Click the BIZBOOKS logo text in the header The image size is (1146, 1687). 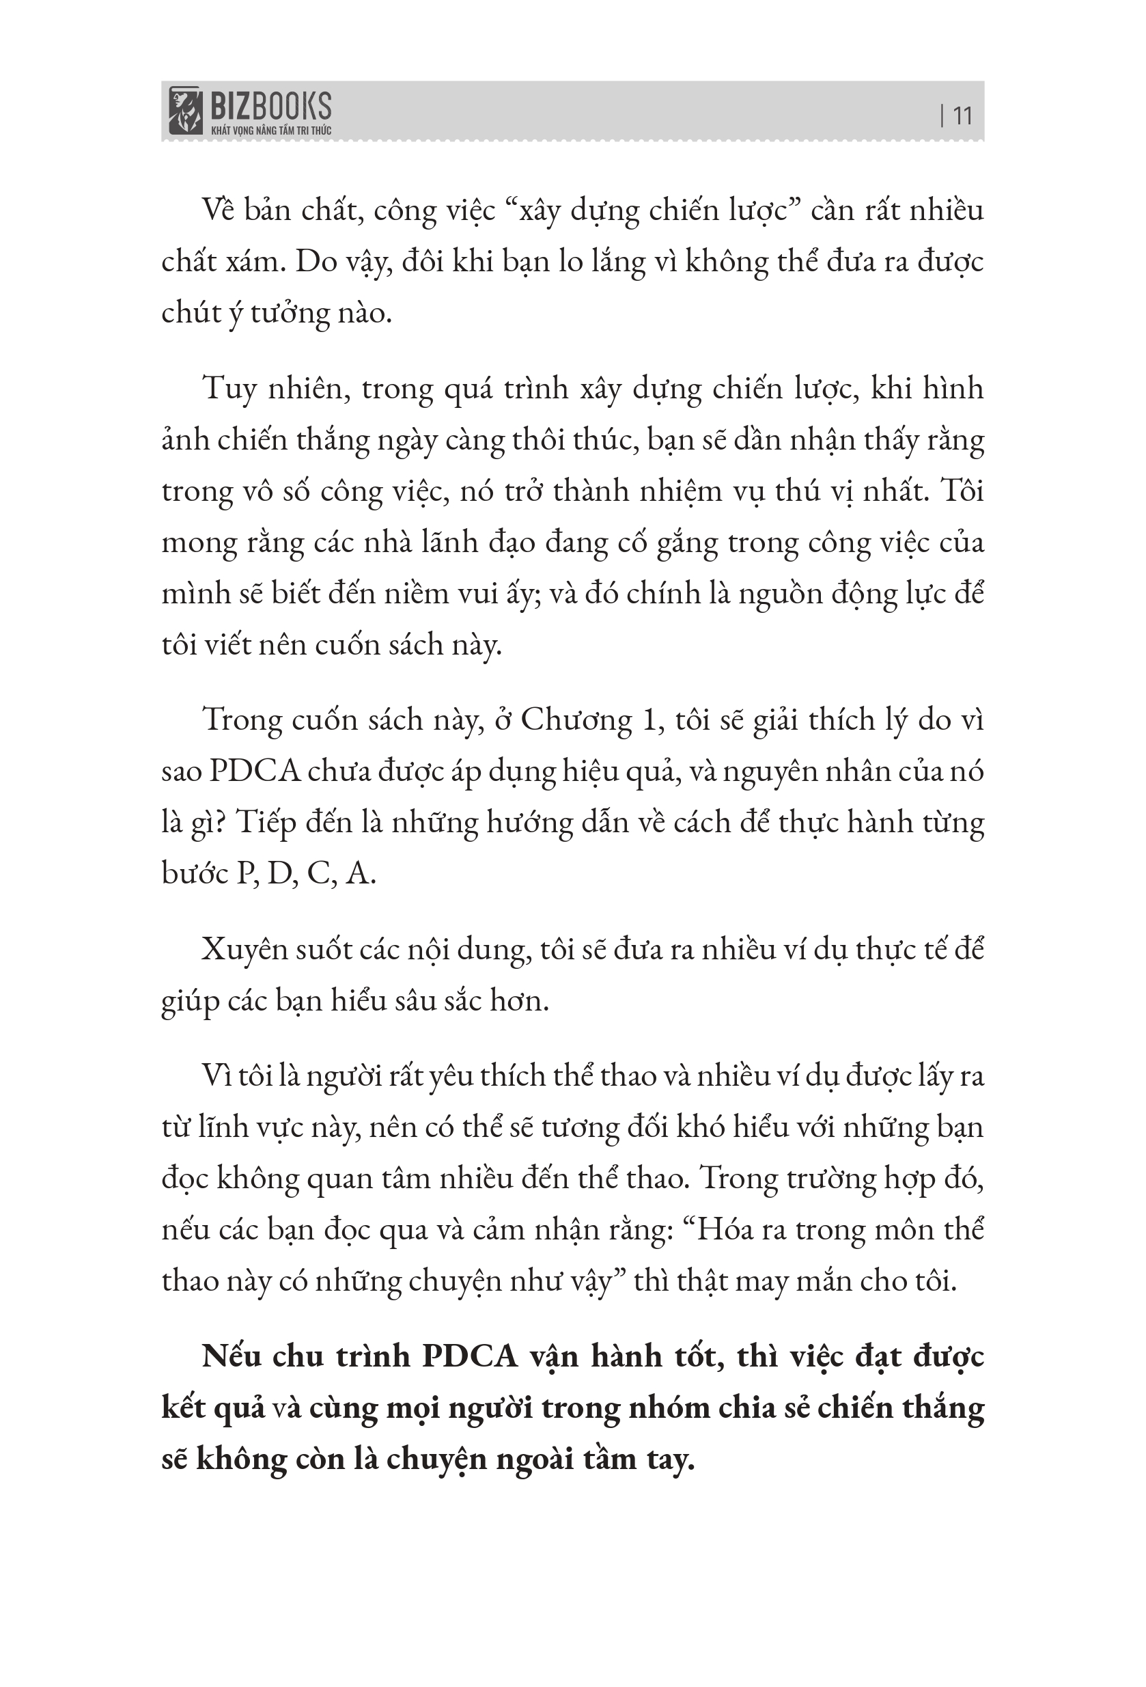click(270, 107)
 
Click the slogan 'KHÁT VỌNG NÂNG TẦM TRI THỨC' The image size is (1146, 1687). click(270, 131)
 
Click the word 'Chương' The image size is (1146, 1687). click(576, 721)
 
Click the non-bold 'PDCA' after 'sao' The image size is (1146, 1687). click(255, 771)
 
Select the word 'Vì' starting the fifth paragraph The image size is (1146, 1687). click(216, 1075)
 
